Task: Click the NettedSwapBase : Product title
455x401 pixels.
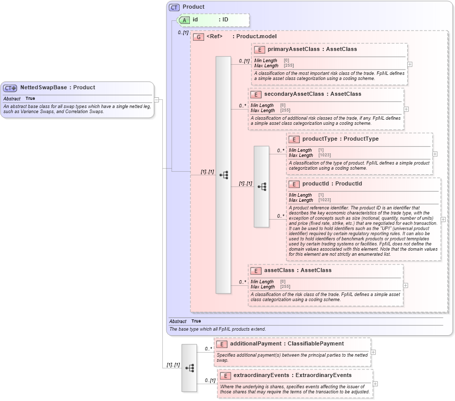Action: click(x=58, y=88)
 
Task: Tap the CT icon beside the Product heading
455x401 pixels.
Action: click(x=175, y=7)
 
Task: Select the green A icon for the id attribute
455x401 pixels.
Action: click(x=184, y=20)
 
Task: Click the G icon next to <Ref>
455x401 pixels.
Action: click(x=198, y=37)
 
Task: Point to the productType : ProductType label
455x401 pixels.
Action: click(x=340, y=139)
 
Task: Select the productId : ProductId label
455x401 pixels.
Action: click(x=332, y=184)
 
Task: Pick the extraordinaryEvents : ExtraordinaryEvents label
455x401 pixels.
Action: click(x=292, y=376)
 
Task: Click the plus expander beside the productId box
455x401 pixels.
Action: click(x=443, y=220)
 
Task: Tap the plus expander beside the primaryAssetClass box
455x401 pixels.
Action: click(x=410, y=65)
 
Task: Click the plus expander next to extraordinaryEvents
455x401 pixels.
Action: click(x=375, y=384)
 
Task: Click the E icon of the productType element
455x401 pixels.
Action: click(x=294, y=139)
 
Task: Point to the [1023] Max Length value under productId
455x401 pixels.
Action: click(x=325, y=200)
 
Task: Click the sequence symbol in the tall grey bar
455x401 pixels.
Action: click(x=223, y=175)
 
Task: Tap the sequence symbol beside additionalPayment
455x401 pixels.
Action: click(x=189, y=368)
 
